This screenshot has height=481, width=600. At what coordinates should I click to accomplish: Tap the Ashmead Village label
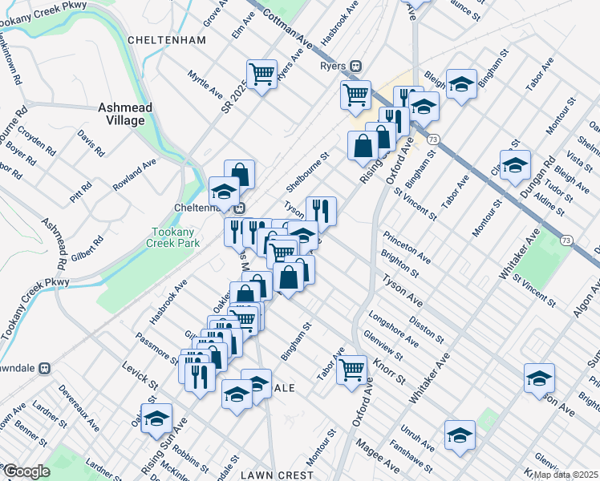point(122,113)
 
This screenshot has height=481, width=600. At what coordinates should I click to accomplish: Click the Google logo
point(26,471)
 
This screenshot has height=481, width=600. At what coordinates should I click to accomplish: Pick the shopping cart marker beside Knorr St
point(351,370)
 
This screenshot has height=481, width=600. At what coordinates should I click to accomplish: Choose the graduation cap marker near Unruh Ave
point(460,435)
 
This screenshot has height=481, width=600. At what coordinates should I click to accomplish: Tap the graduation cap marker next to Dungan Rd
point(516,166)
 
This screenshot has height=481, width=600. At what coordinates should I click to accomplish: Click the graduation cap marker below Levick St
point(157,418)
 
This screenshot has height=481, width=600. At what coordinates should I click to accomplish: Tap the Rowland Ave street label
point(134,176)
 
